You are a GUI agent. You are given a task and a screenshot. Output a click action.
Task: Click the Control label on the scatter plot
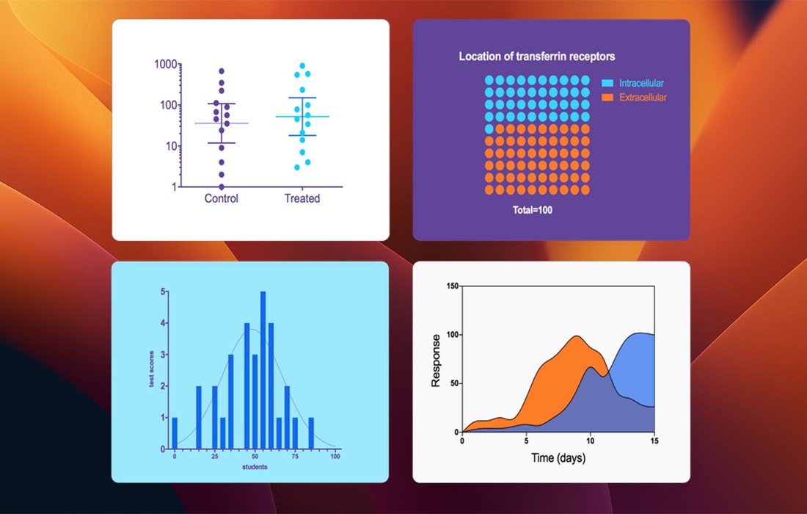221,198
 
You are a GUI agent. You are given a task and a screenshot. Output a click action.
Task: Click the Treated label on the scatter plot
302,198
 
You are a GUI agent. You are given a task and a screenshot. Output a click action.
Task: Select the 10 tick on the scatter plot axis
172,146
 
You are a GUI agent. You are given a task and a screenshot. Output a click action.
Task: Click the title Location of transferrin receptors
537,56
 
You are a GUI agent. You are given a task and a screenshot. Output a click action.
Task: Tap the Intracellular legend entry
640,83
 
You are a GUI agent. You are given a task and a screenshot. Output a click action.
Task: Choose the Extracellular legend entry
642,97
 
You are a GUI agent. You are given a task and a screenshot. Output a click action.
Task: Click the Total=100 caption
532,210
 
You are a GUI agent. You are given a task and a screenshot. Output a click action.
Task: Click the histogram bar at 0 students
175,432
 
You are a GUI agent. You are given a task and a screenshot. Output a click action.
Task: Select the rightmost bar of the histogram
311,432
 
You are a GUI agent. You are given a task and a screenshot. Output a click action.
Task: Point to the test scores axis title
152,369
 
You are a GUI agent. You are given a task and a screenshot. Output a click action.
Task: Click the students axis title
255,467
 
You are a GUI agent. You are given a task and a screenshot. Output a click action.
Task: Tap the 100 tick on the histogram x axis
335,457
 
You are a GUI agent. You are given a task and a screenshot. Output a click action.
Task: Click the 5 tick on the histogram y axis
163,292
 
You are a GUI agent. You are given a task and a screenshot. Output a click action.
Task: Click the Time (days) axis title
558,458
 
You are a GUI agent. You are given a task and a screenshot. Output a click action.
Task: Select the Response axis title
437,360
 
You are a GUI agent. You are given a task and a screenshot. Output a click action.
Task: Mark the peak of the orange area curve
576,336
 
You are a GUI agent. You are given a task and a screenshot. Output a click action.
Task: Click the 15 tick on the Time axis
654,441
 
